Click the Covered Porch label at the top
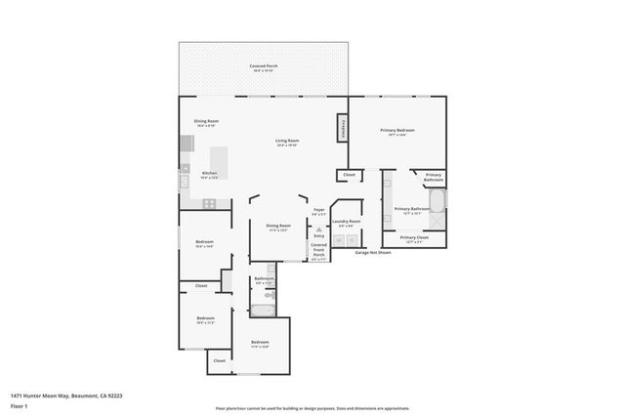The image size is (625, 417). (264, 66)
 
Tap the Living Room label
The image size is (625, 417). (287, 142)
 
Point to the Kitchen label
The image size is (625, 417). (210, 174)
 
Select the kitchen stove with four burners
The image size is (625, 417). (209, 203)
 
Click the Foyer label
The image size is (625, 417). (318, 211)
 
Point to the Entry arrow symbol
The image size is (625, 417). (318, 228)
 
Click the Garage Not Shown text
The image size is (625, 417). (372, 252)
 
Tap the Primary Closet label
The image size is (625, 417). (414, 238)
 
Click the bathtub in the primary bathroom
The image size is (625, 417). (437, 202)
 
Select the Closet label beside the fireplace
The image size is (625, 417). (349, 175)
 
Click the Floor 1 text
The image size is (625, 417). (19, 404)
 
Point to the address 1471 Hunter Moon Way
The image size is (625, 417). (66, 396)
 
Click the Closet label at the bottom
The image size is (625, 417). (219, 360)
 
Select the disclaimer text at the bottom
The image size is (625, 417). (312, 407)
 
